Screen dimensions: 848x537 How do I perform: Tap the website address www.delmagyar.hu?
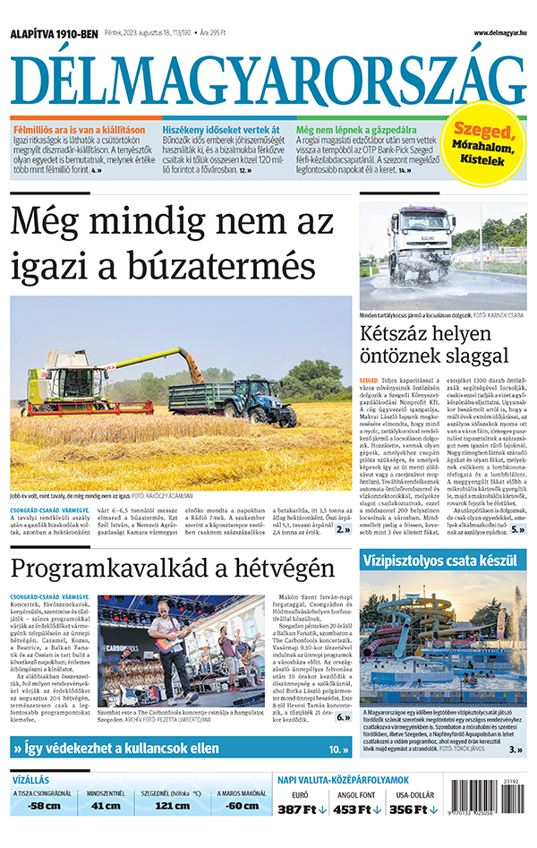click(x=500, y=33)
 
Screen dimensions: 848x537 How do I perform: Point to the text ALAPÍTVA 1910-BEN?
click(x=54, y=34)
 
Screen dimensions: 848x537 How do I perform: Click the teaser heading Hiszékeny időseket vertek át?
click(x=221, y=129)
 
